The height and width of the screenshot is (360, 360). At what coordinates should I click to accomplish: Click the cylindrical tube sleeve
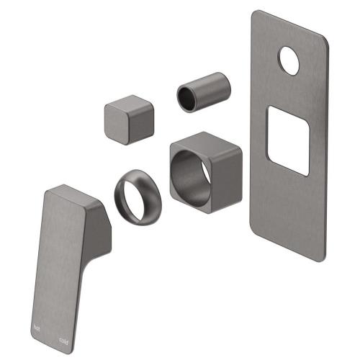(204, 91)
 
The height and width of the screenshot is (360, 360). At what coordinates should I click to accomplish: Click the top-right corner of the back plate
(327, 42)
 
